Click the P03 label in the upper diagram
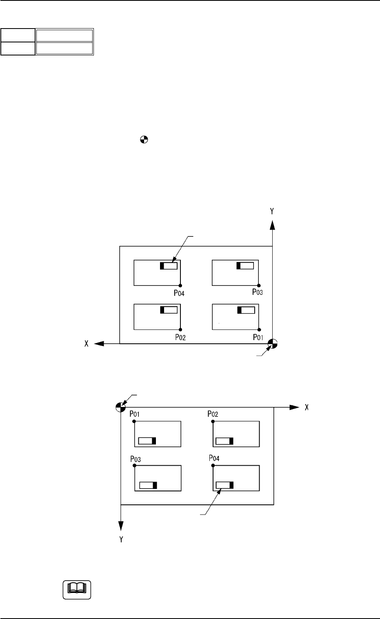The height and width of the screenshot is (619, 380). pos(257,292)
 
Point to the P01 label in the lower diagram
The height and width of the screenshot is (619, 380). pos(135,414)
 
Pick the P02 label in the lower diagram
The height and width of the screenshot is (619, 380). pos(213,414)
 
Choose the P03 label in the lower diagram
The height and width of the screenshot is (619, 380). pos(136,459)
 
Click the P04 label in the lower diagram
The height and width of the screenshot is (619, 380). pos(214,458)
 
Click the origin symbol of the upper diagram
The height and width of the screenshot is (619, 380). pos(273,344)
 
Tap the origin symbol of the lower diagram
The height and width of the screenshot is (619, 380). pos(120,407)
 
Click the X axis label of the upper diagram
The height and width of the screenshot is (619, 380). pos(87,344)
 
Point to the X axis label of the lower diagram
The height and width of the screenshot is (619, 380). pos(305,407)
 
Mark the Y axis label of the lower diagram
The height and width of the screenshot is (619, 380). pos(121,539)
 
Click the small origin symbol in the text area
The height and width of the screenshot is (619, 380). pos(144,140)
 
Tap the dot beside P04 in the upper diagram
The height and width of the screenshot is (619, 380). pos(180,285)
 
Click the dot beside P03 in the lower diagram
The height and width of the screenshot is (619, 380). pos(134,465)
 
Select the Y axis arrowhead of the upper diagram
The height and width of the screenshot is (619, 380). pos(272,225)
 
